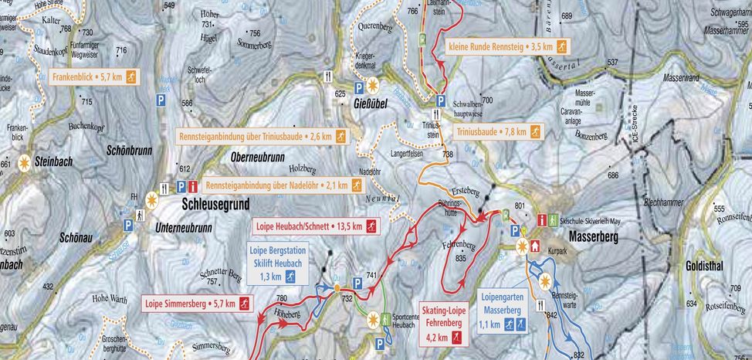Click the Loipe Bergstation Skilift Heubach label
click(x=276, y=263)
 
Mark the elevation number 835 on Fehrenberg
click(x=461, y=258)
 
